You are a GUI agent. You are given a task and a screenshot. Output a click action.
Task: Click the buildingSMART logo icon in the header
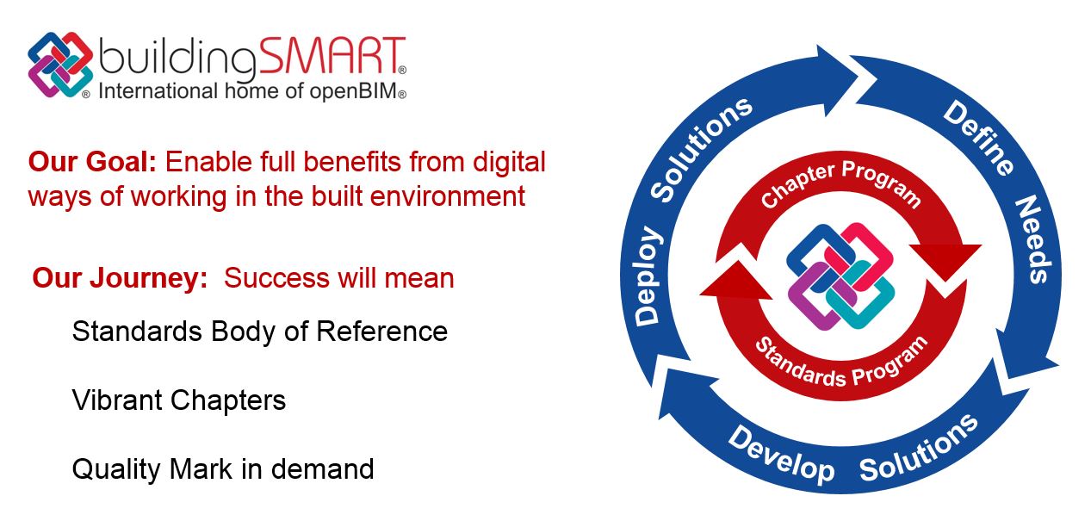(60, 65)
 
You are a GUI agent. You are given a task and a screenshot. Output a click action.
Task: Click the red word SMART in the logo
(332, 56)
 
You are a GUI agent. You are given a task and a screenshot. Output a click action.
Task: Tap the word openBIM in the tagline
(354, 91)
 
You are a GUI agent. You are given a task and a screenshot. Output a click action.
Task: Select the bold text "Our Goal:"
(92, 162)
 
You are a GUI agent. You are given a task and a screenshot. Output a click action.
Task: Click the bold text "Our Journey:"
(120, 278)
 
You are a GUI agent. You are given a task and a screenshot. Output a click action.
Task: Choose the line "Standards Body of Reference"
(259, 332)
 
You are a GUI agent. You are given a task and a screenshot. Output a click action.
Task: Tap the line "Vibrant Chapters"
(179, 400)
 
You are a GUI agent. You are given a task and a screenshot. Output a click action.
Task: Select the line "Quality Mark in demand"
(223, 469)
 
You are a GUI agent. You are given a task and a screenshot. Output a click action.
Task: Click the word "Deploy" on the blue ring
(648, 276)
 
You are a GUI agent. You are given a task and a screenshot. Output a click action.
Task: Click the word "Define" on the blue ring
(979, 138)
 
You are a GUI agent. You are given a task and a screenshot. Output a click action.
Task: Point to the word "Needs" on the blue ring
(1033, 239)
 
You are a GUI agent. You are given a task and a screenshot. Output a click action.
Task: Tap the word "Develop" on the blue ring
(781, 455)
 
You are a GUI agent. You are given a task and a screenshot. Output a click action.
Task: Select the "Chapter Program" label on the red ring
(840, 183)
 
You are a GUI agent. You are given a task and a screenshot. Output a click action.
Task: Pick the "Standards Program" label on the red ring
(841, 362)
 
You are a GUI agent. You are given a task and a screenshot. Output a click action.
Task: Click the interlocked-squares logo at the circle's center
(840, 276)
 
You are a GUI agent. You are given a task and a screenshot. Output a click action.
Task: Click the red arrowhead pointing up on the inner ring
(736, 279)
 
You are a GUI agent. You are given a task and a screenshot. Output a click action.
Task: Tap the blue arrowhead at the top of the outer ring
(836, 80)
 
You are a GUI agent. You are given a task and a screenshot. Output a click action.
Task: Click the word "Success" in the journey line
(277, 278)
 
